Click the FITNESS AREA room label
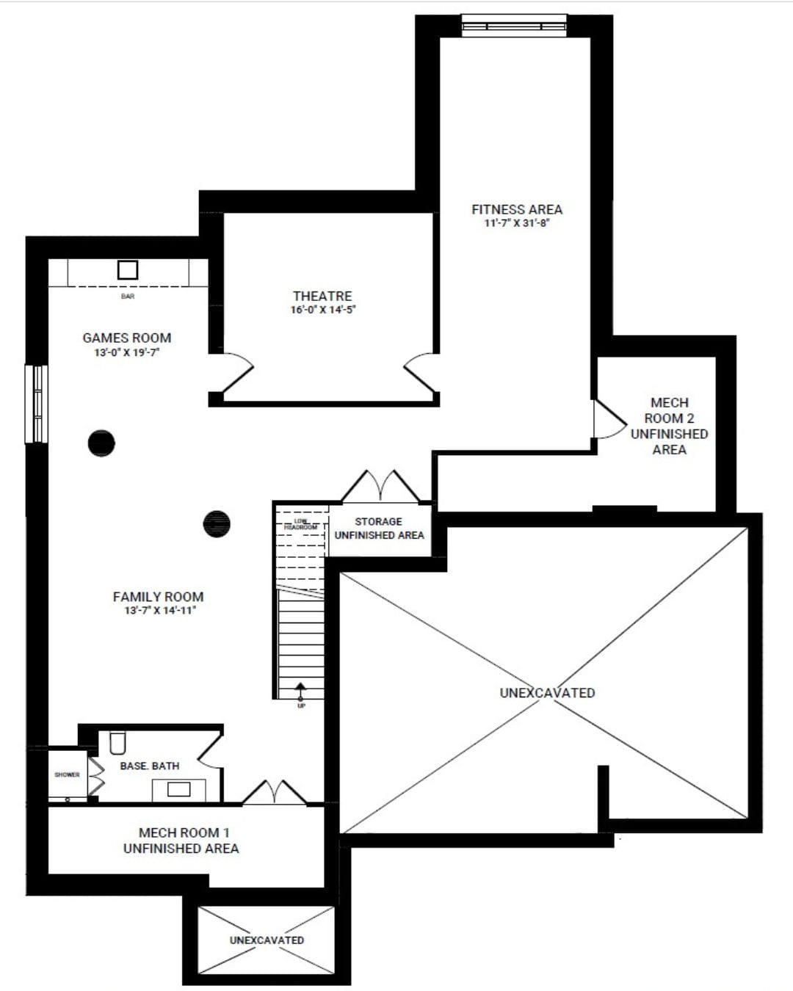[x=516, y=209]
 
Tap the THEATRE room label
[x=322, y=296]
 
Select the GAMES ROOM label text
[x=126, y=338]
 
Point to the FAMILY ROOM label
[x=158, y=597]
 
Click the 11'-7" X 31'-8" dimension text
[x=516, y=223]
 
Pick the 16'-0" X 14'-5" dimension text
[x=322, y=310]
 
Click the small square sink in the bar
[x=128, y=270]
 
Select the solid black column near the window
[x=101, y=443]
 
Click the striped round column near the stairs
[x=217, y=523]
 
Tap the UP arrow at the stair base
[x=300, y=690]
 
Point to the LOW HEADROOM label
[x=301, y=524]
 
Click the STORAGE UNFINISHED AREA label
[x=379, y=529]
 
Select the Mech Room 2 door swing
[x=608, y=419]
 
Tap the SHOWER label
[x=67, y=774]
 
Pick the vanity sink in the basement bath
[x=178, y=789]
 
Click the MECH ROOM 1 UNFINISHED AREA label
[x=181, y=841]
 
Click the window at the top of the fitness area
[x=514, y=26]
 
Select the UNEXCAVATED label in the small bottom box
[x=267, y=940]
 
